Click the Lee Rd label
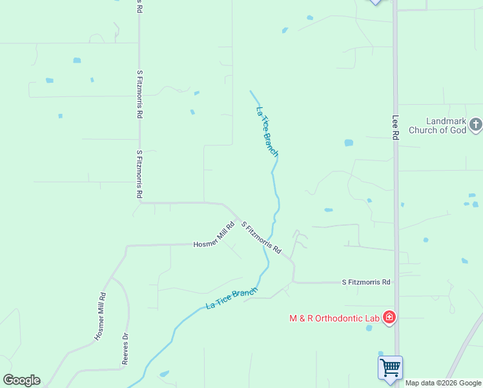tap(395, 127)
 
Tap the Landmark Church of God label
tap(446, 125)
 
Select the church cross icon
tap(475, 124)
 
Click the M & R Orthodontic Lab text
tap(334, 318)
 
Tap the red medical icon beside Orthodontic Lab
tap(389, 317)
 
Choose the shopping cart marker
tap(390, 368)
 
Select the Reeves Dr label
tap(125, 350)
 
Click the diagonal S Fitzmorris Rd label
tap(262, 237)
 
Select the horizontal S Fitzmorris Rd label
tap(366, 282)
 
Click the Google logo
tap(21, 380)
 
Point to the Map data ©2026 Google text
tap(444, 383)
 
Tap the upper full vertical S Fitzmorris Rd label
tap(139, 94)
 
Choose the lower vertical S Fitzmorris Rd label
tap(139, 175)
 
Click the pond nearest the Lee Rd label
tap(349, 142)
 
